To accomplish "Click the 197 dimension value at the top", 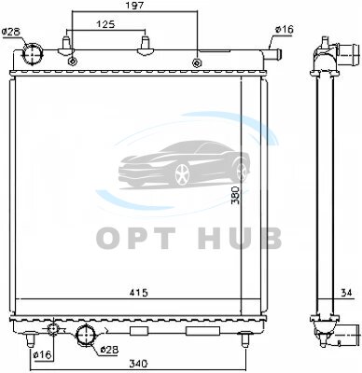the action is click(x=135, y=6).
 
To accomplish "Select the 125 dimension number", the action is click(x=104, y=24).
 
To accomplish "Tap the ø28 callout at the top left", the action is click(x=11, y=32).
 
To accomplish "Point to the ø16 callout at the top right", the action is click(x=284, y=30).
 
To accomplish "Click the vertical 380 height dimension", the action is click(x=236, y=195).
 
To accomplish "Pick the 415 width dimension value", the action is click(x=139, y=293).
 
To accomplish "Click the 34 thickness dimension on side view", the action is click(x=346, y=293).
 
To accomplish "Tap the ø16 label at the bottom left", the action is click(x=43, y=355).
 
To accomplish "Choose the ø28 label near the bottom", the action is click(x=109, y=350).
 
